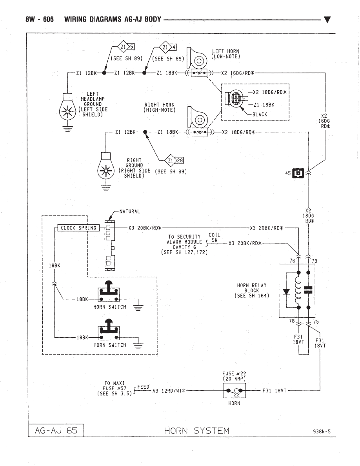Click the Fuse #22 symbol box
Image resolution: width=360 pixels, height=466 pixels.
pos(234,391)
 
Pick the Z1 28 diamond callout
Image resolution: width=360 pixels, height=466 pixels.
pos(174,160)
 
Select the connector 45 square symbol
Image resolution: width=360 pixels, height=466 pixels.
pos(299,173)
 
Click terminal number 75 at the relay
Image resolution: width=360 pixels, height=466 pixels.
pos(316,322)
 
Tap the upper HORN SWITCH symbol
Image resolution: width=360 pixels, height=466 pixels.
pos(110,293)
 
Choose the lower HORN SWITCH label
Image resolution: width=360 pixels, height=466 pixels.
pos(110,345)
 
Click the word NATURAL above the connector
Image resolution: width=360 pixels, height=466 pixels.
pos(129,212)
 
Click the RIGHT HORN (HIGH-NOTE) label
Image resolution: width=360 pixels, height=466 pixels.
pos(160,107)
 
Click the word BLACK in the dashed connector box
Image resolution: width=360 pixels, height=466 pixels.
pos(260,115)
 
